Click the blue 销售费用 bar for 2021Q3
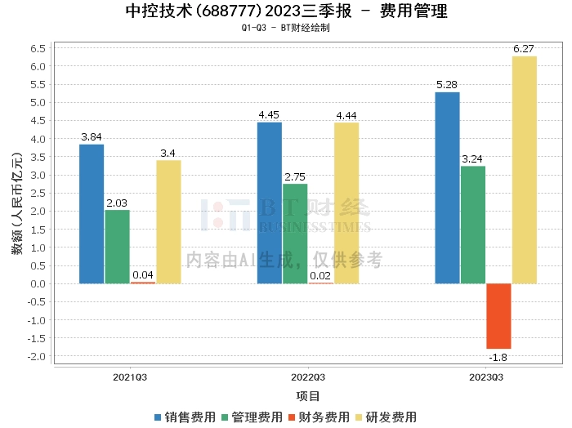[92, 214]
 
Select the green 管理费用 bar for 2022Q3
[295, 234]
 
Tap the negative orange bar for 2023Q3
[498, 316]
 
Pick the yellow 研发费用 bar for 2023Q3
[524, 170]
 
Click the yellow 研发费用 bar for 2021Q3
[168, 222]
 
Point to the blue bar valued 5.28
[447, 188]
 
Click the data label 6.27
[524, 49]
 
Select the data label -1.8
[498, 357]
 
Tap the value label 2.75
[295, 176]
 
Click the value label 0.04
[143, 275]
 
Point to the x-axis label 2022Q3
[308, 378]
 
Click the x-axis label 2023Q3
[486, 378]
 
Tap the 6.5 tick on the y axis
[36, 48]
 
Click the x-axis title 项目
[308, 396]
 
